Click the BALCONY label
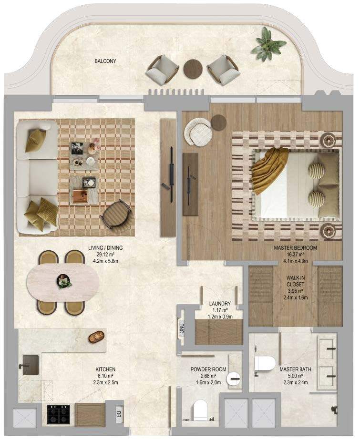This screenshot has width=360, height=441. pos(105,61)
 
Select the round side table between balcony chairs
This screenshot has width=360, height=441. pos(193,68)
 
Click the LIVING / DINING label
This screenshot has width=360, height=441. pos(105,248)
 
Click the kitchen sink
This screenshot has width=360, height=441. pos(30,365)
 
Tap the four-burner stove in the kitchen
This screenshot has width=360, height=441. pos(59,414)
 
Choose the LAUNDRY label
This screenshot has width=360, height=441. pos(220,304)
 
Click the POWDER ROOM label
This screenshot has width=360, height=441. pos(208,369)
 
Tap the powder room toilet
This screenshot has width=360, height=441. pos(200,410)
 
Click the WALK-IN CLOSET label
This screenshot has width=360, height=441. pos(295,281)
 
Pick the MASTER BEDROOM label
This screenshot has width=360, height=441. pos(295,248)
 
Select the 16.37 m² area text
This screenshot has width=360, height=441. pos(295,254)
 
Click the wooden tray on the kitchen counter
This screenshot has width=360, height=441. pos(96,337)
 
